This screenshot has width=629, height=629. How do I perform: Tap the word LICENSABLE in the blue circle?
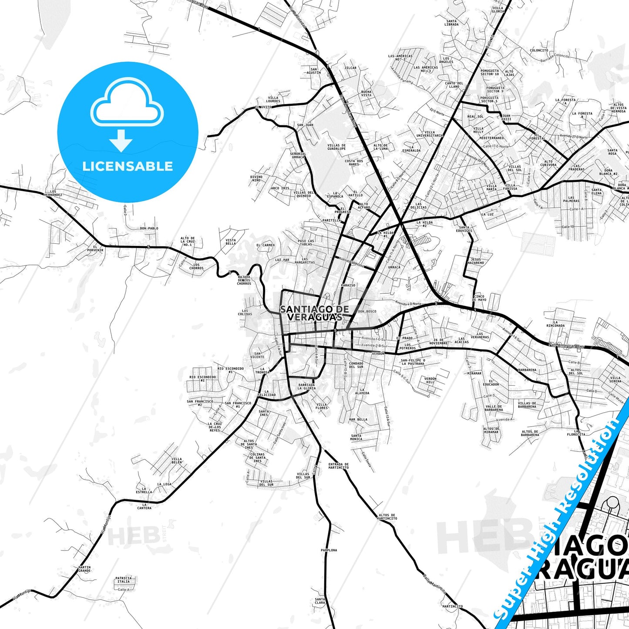tap(128, 166)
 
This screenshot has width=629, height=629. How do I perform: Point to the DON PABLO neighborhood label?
tap(149, 228)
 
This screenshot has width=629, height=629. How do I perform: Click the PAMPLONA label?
tap(329, 550)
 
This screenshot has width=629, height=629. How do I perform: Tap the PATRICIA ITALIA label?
tap(123, 580)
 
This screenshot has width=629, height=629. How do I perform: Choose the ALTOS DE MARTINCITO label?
tap(387, 517)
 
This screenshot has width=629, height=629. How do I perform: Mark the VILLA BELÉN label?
tap(177, 461)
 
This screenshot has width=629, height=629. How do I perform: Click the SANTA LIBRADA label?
tap(451, 23)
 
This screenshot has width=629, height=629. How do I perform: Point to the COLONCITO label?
tap(539, 50)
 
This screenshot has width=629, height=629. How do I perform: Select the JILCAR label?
tap(350, 68)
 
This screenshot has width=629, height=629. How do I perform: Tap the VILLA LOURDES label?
tap(273, 99)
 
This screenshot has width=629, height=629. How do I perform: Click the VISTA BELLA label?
tap(231, 242)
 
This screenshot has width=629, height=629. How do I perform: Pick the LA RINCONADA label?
tap(555, 324)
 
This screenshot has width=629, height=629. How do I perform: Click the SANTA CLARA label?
tap(320, 601)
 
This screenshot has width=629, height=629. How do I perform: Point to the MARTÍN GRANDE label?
tap(84, 568)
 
